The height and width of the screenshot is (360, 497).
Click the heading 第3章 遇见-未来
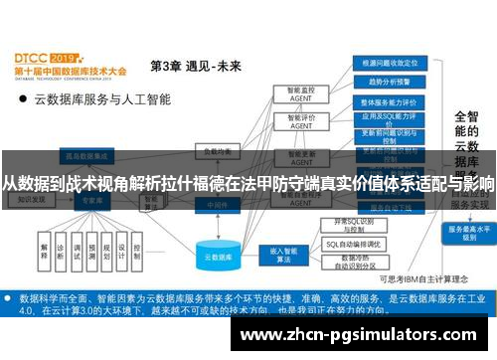pos(195,66)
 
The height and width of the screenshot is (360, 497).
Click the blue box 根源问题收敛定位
pos(390,63)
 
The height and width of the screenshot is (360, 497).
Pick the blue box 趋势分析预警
pos(390,82)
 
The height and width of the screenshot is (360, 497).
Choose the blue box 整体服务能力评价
pos(390,101)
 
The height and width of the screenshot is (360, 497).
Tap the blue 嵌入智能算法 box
pos(276,255)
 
